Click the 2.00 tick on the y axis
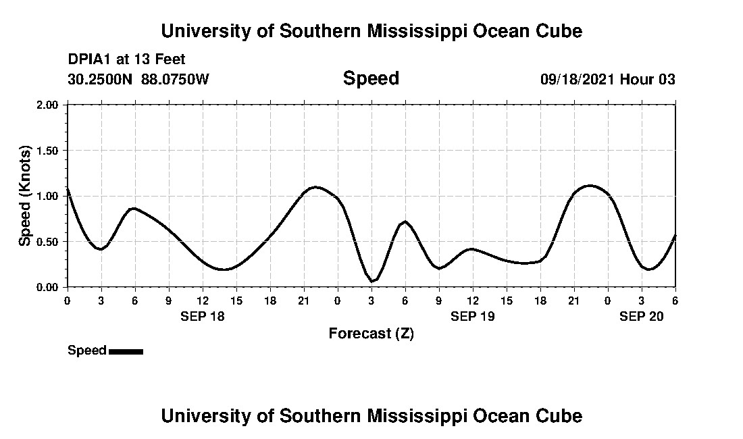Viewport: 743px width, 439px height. click(x=51, y=105)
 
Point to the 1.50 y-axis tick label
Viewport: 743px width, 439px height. click(x=51, y=150)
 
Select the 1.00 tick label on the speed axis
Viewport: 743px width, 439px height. click(x=51, y=196)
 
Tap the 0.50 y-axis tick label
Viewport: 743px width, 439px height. click(x=51, y=241)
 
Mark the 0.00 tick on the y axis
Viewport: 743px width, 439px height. click(x=51, y=287)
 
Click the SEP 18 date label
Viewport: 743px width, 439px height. click(x=203, y=316)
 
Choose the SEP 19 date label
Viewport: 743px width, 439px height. click(x=473, y=316)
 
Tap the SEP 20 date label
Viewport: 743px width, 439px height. click(x=642, y=316)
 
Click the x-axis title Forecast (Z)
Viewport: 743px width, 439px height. click(x=371, y=333)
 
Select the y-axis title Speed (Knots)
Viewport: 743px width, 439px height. click(x=25, y=196)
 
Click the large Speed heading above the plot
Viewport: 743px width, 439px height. click(x=371, y=78)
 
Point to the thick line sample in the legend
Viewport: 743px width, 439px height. click(x=126, y=351)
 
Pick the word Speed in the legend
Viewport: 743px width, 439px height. click(x=87, y=351)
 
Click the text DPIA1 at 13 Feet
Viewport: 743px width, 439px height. click(x=126, y=60)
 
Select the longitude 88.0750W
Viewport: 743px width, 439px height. click(x=175, y=79)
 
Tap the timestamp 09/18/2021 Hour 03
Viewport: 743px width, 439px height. click(x=607, y=79)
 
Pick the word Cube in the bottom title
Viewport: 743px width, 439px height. click(x=560, y=415)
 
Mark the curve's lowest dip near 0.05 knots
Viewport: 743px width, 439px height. click(x=372, y=281)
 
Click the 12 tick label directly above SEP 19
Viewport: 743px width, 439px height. click(x=472, y=300)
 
